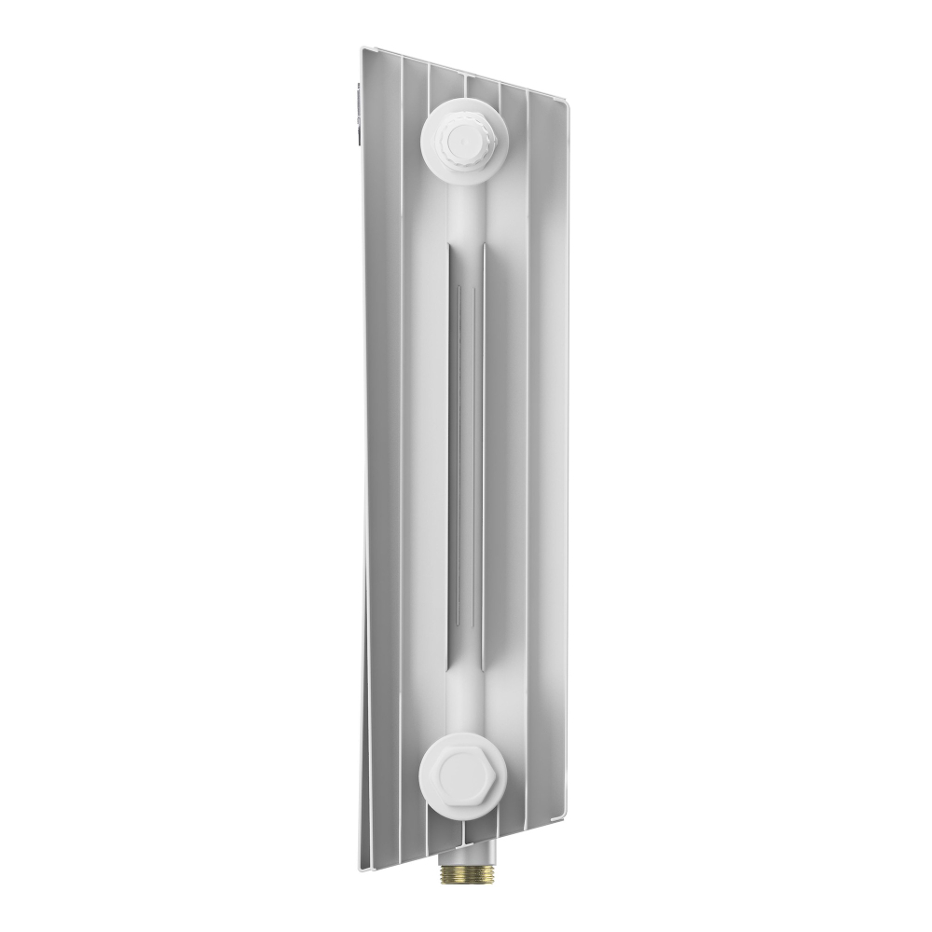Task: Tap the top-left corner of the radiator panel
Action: point(363,48)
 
